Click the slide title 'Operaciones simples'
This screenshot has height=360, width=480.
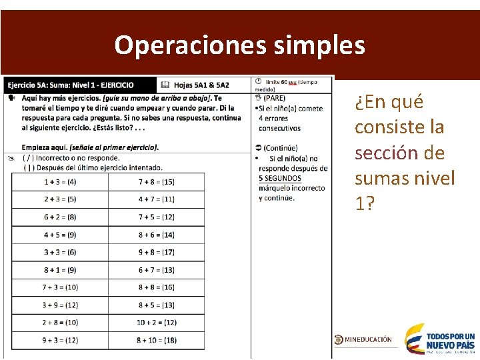[239, 45]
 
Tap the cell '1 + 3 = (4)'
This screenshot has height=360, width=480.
[60, 182]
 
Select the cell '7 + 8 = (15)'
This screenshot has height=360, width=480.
[157, 182]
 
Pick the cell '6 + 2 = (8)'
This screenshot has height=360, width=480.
[60, 217]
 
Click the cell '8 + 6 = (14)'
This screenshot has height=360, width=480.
[157, 235]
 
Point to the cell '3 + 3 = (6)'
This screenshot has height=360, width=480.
[60, 252]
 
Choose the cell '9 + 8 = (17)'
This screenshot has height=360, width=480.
[157, 252]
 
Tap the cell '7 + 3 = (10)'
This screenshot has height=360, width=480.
[60, 287]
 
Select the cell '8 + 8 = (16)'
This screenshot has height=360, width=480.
[157, 287]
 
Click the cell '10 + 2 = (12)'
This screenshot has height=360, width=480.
[157, 323]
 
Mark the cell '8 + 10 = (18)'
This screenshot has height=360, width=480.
[157, 340]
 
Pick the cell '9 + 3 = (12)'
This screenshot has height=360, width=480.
[60, 340]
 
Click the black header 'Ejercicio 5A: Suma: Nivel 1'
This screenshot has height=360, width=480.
[70, 85]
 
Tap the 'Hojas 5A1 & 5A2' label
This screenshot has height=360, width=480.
[201, 85]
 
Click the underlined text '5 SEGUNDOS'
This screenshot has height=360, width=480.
[279, 178]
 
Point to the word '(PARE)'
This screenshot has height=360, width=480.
[274, 99]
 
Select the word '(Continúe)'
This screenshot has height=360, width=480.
[280, 148]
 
